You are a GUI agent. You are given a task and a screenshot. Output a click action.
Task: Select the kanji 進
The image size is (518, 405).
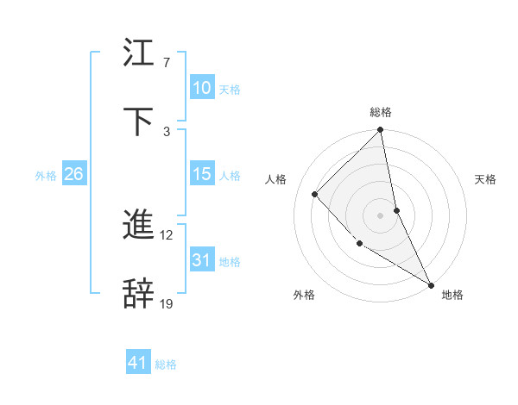(138, 226)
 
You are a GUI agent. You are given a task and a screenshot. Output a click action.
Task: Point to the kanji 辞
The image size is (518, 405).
(138, 293)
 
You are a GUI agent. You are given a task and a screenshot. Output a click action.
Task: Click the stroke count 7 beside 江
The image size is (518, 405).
(167, 63)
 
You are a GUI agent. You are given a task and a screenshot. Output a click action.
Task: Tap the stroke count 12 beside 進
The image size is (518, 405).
(167, 234)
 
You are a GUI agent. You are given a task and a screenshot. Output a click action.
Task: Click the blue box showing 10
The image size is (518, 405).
(201, 88)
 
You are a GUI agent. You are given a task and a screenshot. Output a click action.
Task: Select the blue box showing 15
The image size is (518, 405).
(201, 174)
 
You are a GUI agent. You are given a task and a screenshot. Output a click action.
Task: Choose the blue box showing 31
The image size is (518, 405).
(201, 260)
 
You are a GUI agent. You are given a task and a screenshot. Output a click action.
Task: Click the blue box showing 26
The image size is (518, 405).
(73, 174)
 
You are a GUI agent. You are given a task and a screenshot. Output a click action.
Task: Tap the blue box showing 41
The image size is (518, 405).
(138, 363)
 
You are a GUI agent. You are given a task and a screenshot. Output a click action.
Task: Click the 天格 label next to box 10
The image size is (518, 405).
(230, 90)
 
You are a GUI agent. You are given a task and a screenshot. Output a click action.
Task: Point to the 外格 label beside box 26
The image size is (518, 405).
(46, 176)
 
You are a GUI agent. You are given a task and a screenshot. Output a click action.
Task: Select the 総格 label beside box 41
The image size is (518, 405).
(166, 364)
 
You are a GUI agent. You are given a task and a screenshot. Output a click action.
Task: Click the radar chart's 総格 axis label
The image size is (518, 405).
(381, 112)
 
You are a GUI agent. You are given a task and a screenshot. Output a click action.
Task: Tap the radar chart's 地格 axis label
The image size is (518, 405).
(452, 295)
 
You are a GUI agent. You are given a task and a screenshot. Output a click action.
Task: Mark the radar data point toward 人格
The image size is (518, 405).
(315, 194)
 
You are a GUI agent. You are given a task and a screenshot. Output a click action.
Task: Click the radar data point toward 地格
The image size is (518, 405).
(431, 283)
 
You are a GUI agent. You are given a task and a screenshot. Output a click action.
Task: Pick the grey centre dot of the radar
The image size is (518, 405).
(381, 215)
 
